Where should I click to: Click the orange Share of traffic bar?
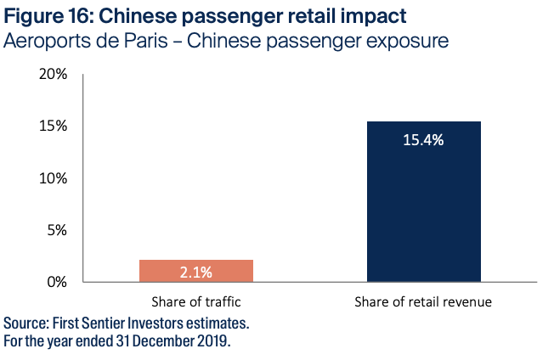(x=196, y=271)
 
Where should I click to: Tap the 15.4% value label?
(x=424, y=140)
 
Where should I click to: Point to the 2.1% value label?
(x=196, y=272)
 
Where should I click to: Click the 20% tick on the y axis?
(x=53, y=75)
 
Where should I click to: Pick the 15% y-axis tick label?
(x=53, y=127)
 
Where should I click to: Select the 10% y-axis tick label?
(x=53, y=178)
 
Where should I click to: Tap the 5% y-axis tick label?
(x=56, y=230)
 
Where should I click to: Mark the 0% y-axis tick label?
(x=56, y=282)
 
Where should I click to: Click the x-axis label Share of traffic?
(x=196, y=301)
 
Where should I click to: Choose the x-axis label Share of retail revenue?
(x=424, y=301)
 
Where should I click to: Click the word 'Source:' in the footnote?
(x=27, y=323)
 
